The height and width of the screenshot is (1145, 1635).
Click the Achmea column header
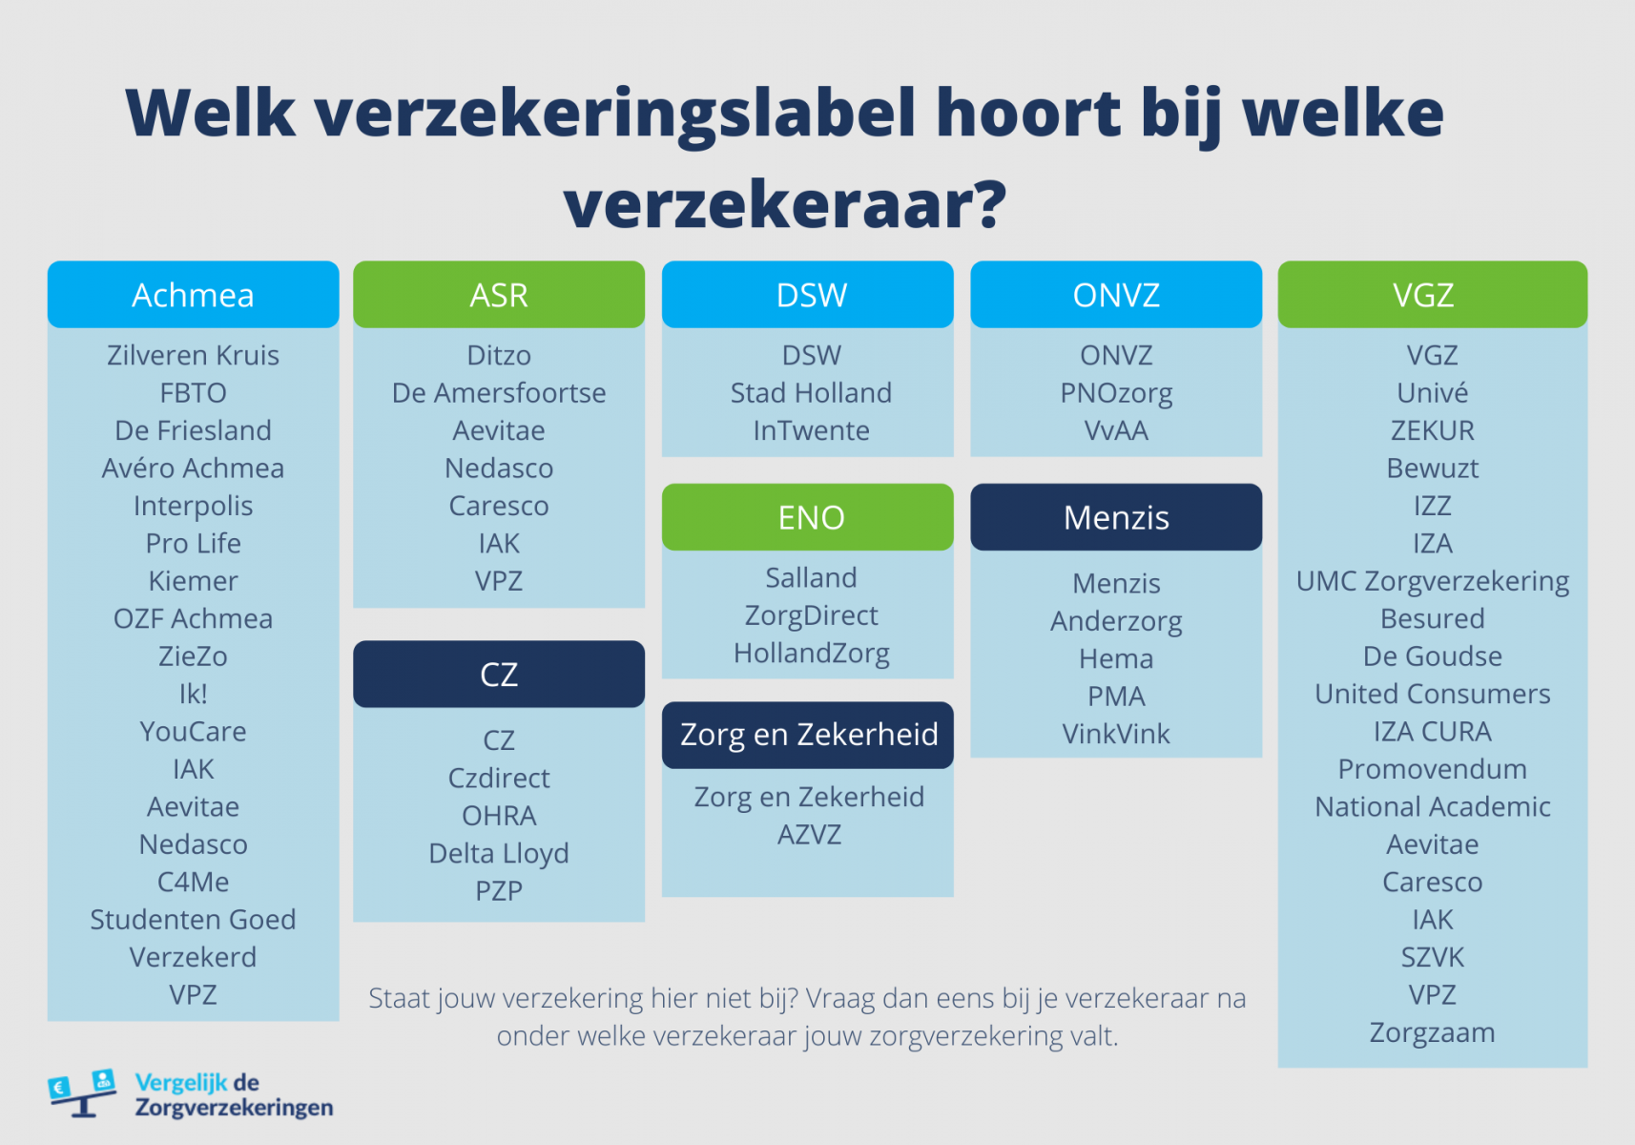(x=193, y=295)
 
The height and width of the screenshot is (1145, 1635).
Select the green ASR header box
(x=499, y=295)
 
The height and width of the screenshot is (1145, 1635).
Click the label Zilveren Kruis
(x=193, y=355)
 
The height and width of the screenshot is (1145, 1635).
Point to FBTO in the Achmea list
(x=193, y=393)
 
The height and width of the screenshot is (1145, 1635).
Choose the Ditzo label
(x=499, y=355)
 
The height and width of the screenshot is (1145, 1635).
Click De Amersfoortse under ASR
(x=499, y=393)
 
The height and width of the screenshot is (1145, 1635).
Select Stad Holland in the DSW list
(x=811, y=393)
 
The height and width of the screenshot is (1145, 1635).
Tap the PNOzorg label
(x=1116, y=393)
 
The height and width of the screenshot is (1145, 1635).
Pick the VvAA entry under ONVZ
(x=1116, y=430)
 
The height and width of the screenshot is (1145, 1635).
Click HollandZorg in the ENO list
(x=811, y=654)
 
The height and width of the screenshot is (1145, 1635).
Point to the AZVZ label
(x=809, y=835)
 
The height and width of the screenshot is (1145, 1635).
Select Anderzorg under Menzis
(x=1116, y=621)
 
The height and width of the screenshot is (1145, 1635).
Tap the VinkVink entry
(x=1116, y=734)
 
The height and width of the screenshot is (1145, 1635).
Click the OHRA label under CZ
(x=499, y=816)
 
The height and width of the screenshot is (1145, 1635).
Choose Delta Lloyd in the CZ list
(x=499, y=853)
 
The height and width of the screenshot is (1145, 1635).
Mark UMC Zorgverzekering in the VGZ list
(x=1432, y=581)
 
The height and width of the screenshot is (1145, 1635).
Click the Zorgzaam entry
(x=1432, y=1032)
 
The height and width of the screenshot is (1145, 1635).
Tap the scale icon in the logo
(x=83, y=1093)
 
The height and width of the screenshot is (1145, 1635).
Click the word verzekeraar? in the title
(x=784, y=204)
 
